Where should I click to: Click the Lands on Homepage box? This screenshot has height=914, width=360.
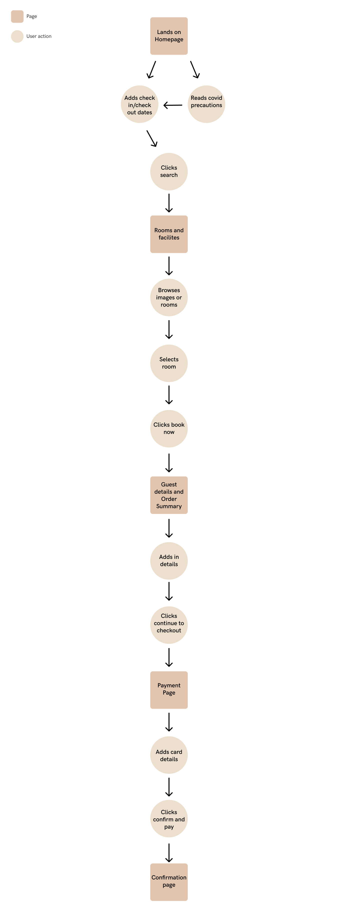click(x=169, y=36)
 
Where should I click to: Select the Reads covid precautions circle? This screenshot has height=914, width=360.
click(x=206, y=104)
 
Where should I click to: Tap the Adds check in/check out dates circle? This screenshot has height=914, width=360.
click(x=139, y=104)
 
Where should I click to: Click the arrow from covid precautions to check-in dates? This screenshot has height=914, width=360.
click(x=173, y=105)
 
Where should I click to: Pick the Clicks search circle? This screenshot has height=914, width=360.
click(x=169, y=171)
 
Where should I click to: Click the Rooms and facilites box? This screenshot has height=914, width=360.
click(x=169, y=234)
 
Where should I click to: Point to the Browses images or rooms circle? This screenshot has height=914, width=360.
click(x=169, y=297)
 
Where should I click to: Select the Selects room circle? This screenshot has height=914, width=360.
click(x=169, y=363)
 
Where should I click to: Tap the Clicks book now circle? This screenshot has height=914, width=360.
click(x=169, y=428)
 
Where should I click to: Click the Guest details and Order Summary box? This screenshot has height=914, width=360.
click(x=169, y=495)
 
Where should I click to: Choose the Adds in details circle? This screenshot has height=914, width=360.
click(x=169, y=560)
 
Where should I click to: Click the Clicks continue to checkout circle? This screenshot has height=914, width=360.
click(x=169, y=625)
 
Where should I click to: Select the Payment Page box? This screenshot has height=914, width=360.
click(x=169, y=690)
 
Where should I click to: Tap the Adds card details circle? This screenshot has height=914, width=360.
click(x=169, y=755)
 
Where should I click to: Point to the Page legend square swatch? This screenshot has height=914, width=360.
click(x=17, y=16)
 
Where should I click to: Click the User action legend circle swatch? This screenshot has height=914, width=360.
click(x=17, y=36)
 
